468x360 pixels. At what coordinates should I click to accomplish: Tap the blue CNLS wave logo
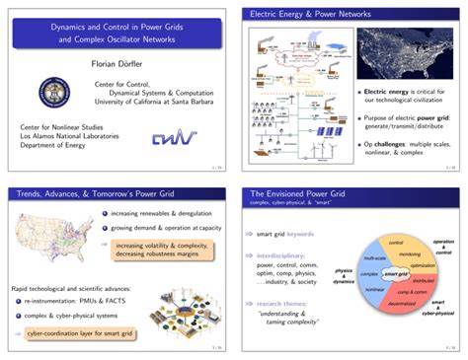[173, 137]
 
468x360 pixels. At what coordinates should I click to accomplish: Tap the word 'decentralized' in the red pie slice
[380, 304]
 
